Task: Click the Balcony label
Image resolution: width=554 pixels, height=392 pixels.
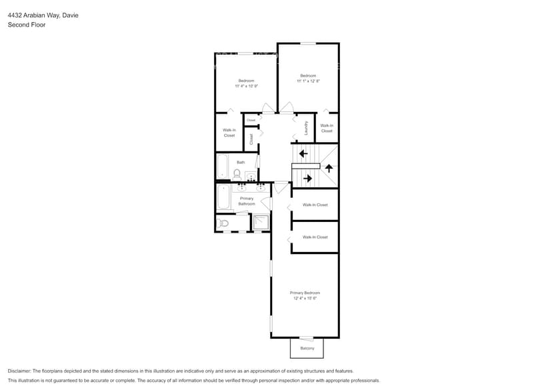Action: (307, 348)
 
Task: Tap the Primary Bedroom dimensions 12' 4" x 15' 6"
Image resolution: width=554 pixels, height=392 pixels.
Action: (305, 299)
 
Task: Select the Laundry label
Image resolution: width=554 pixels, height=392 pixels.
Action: (305, 127)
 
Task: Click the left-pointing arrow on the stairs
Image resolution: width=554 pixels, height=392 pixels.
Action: (303, 154)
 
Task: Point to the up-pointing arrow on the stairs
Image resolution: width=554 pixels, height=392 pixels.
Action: (329, 168)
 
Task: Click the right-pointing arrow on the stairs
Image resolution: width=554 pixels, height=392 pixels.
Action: (307, 178)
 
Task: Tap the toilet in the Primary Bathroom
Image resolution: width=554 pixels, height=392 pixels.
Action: (223, 223)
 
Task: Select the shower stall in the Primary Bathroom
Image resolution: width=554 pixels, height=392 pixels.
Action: (261, 222)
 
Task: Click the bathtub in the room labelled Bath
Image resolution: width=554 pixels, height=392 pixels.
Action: (223, 167)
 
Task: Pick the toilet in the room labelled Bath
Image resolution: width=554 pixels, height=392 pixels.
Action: (237, 175)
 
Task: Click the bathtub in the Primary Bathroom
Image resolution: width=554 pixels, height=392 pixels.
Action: (223, 197)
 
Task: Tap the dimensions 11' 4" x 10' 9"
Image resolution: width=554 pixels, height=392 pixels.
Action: (246, 86)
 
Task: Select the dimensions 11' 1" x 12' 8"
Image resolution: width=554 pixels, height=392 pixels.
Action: (308, 81)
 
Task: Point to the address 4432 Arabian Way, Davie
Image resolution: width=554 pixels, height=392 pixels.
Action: (43, 15)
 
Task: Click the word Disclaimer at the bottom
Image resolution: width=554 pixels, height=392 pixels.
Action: (19, 371)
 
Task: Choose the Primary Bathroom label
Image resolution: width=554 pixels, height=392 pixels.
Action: (247, 201)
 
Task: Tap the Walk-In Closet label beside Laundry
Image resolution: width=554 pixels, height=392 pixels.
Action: (327, 128)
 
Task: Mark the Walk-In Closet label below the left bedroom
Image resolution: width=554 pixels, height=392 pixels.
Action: (229, 133)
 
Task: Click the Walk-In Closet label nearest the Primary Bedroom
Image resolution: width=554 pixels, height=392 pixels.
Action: (315, 237)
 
